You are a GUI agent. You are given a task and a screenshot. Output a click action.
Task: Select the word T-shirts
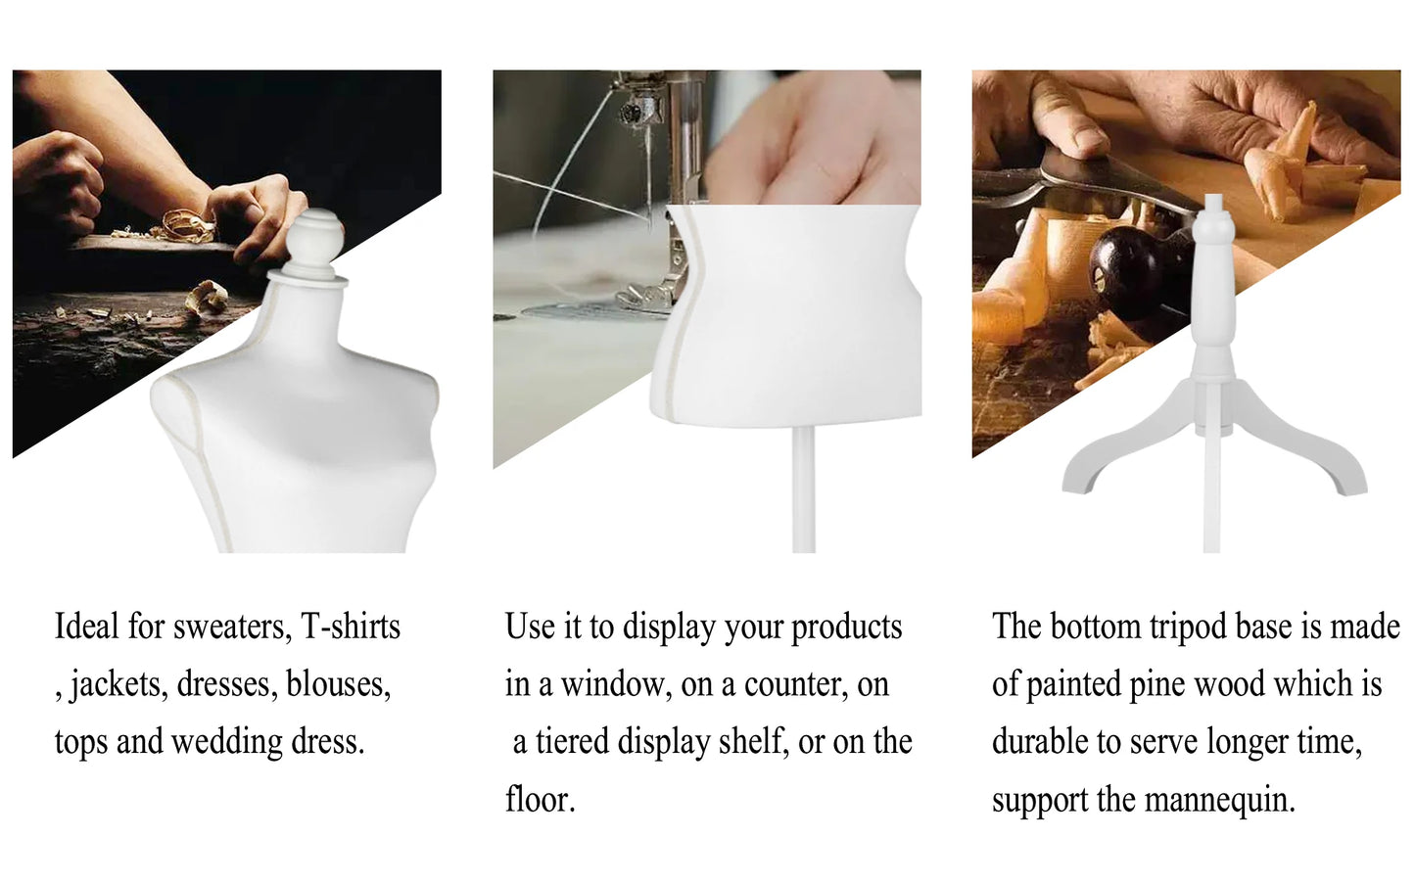tap(351, 627)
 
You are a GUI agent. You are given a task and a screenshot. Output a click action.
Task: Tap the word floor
tap(539, 800)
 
